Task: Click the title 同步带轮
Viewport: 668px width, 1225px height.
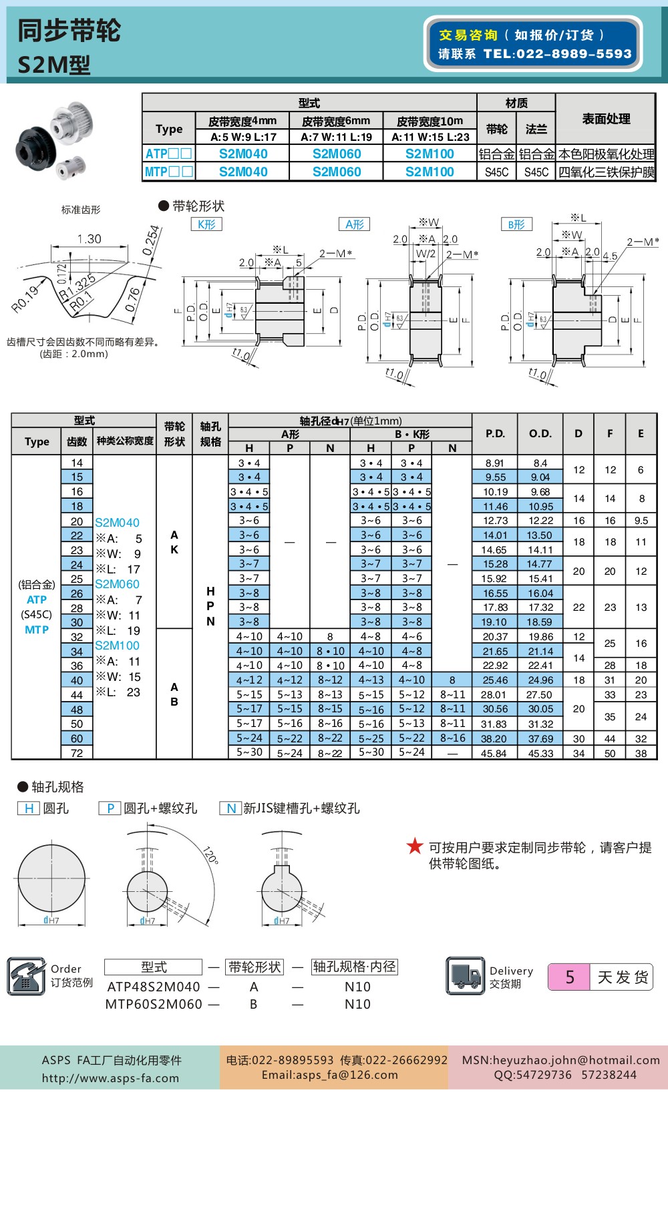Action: [69, 31]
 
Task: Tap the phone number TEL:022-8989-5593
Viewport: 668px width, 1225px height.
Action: [557, 54]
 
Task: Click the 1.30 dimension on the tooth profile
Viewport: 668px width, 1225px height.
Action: [89, 239]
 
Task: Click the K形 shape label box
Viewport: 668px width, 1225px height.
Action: [206, 224]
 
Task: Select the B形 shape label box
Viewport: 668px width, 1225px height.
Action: [516, 224]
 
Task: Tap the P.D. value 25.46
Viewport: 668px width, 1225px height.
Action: [495, 680]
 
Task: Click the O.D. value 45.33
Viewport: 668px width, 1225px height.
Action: [540, 753]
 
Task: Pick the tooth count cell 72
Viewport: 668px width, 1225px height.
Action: [77, 753]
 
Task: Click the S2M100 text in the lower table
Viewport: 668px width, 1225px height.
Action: [117, 646]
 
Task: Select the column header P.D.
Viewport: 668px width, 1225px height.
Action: [495, 434]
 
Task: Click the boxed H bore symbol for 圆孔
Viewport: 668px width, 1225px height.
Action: [29, 808]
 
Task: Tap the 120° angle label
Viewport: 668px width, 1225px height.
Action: [210, 855]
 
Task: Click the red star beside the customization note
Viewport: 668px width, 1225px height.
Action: [415, 846]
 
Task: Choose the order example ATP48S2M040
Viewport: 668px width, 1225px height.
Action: [154, 987]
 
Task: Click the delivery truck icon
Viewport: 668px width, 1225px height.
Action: [465, 975]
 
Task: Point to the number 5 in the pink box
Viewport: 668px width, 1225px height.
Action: [570, 977]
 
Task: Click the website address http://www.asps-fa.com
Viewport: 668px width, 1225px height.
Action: [110, 1078]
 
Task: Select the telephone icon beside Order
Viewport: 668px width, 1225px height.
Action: [26, 975]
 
